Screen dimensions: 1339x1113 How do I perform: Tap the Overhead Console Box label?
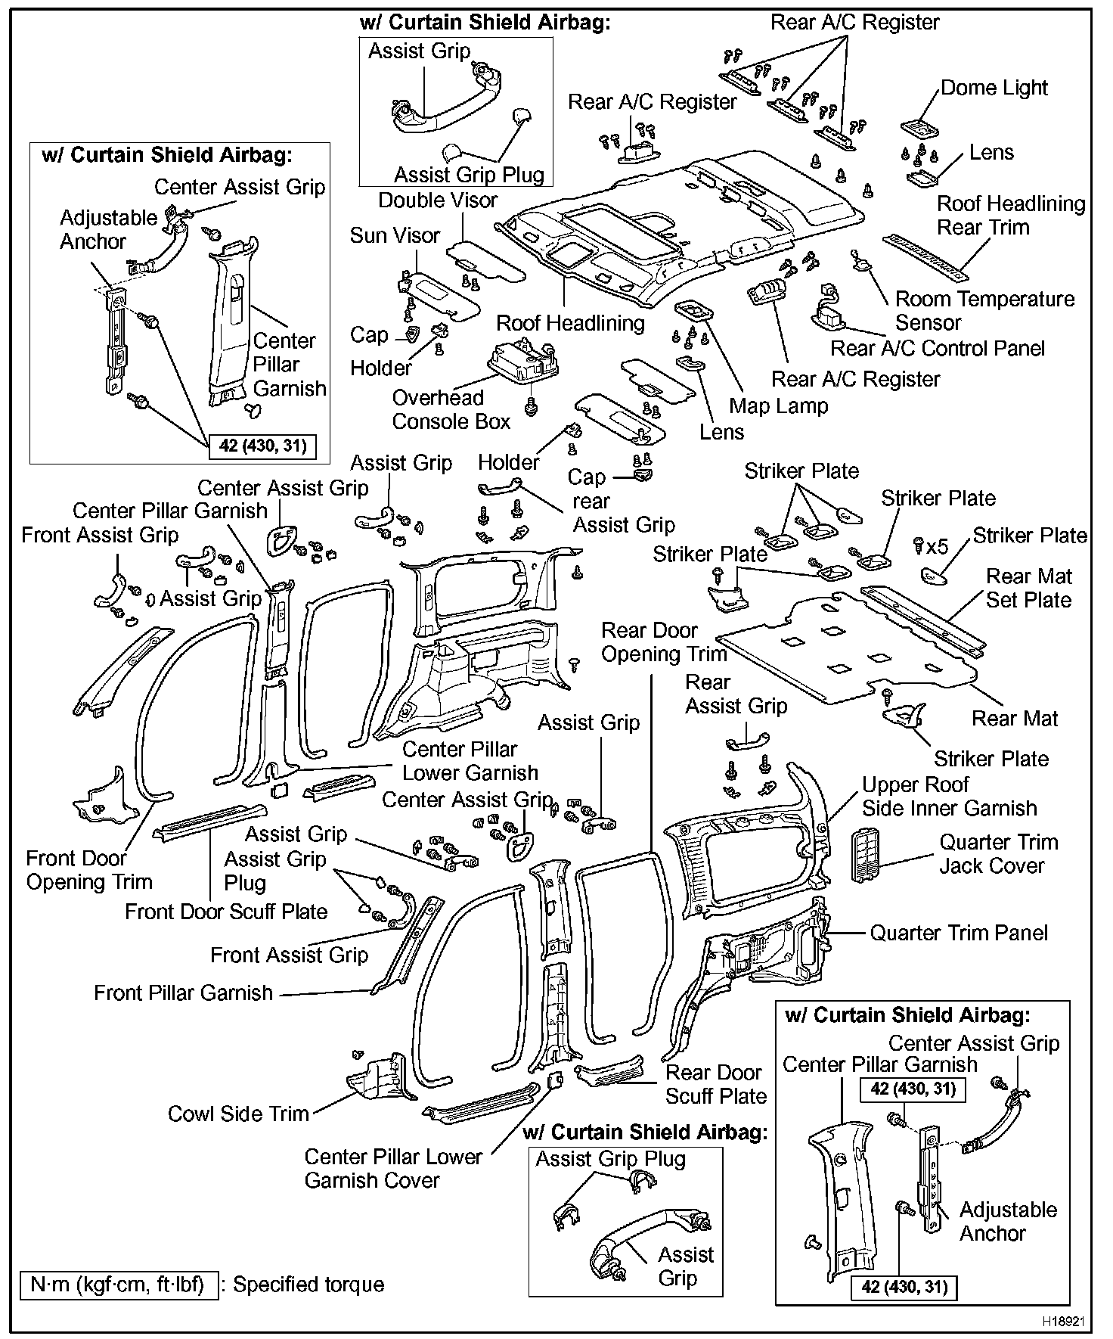pos(451,409)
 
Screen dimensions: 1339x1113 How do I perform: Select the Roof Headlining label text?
pos(570,324)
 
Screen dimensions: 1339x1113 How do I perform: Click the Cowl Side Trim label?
pos(238,1114)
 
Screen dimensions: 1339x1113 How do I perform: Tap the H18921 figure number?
pos(1064,1322)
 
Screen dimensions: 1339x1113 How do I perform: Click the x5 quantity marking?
pos(937,545)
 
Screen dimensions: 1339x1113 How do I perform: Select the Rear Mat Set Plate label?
pos(1028,588)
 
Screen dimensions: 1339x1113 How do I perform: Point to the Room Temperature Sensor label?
pos(984,310)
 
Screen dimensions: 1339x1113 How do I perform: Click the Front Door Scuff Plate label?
pos(225,912)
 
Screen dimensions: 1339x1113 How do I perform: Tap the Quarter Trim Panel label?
pos(958,933)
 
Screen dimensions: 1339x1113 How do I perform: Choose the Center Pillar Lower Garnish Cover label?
pos(392,1168)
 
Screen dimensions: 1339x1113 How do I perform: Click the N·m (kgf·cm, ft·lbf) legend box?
pos(119,1285)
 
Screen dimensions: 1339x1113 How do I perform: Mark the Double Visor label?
pos(438,200)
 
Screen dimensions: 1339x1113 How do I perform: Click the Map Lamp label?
pos(778,405)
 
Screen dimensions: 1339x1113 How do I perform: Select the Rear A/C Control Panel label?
pos(937,349)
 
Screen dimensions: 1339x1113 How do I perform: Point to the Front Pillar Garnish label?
pos(183,993)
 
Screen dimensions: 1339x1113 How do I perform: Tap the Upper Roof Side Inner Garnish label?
pos(949,796)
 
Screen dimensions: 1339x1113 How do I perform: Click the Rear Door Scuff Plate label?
pos(715,1084)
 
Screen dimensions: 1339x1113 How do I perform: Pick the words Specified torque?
pos(308,1285)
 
